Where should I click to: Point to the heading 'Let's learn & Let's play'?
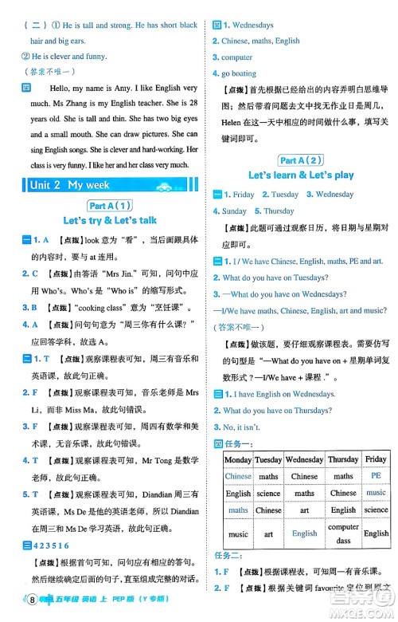(301, 175)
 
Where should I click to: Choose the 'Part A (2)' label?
(301, 159)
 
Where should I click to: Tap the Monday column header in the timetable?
(238, 459)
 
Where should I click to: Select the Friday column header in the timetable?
(376, 459)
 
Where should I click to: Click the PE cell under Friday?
(376, 475)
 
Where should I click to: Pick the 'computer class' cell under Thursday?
(343, 533)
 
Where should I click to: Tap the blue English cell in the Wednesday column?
(304, 533)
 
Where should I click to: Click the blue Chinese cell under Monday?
(238, 476)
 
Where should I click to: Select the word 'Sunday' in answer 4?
(234, 211)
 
